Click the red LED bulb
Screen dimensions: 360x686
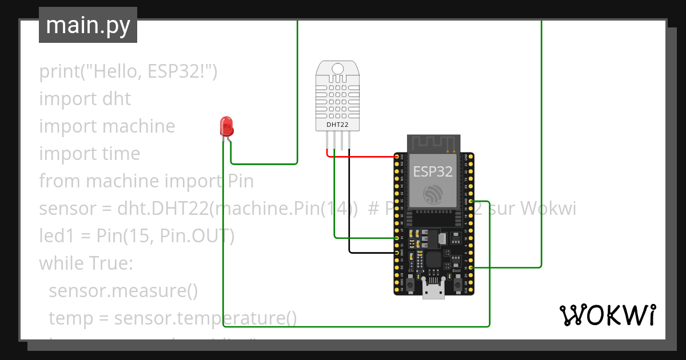(x=226, y=125)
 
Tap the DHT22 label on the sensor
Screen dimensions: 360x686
(x=337, y=124)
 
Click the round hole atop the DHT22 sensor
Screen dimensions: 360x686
(x=337, y=69)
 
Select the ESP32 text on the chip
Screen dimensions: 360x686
(x=433, y=171)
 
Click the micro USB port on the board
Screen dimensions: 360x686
(x=433, y=291)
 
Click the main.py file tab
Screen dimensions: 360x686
(x=88, y=25)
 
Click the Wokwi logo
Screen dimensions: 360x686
(x=608, y=315)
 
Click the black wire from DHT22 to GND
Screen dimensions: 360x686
(x=372, y=253)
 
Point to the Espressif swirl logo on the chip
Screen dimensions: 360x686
(x=433, y=195)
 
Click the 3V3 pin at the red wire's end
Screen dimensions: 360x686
(x=397, y=156)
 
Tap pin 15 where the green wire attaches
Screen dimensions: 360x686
(x=470, y=267)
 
